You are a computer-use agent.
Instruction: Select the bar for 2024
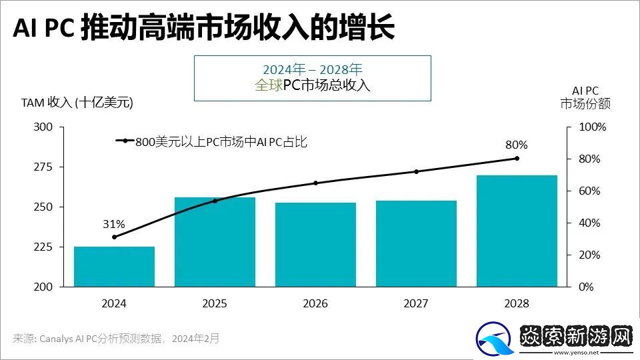[114, 267]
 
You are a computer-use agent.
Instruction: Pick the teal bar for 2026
[315, 245]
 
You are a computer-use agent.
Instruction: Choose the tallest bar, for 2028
[517, 231]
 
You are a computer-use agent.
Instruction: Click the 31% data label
[114, 224]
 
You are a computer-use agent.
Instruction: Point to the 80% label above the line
[517, 145]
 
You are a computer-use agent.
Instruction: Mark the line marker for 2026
[315, 183]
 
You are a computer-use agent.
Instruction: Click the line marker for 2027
[416, 171]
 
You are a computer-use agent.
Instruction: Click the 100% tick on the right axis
[591, 127]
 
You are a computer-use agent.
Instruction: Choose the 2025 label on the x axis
[215, 304]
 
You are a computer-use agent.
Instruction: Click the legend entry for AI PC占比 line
[220, 141]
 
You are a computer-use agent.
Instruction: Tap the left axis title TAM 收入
[77, 103]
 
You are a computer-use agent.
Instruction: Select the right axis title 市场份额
[585, 104]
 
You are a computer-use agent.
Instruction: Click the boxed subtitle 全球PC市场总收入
[312, 86]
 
